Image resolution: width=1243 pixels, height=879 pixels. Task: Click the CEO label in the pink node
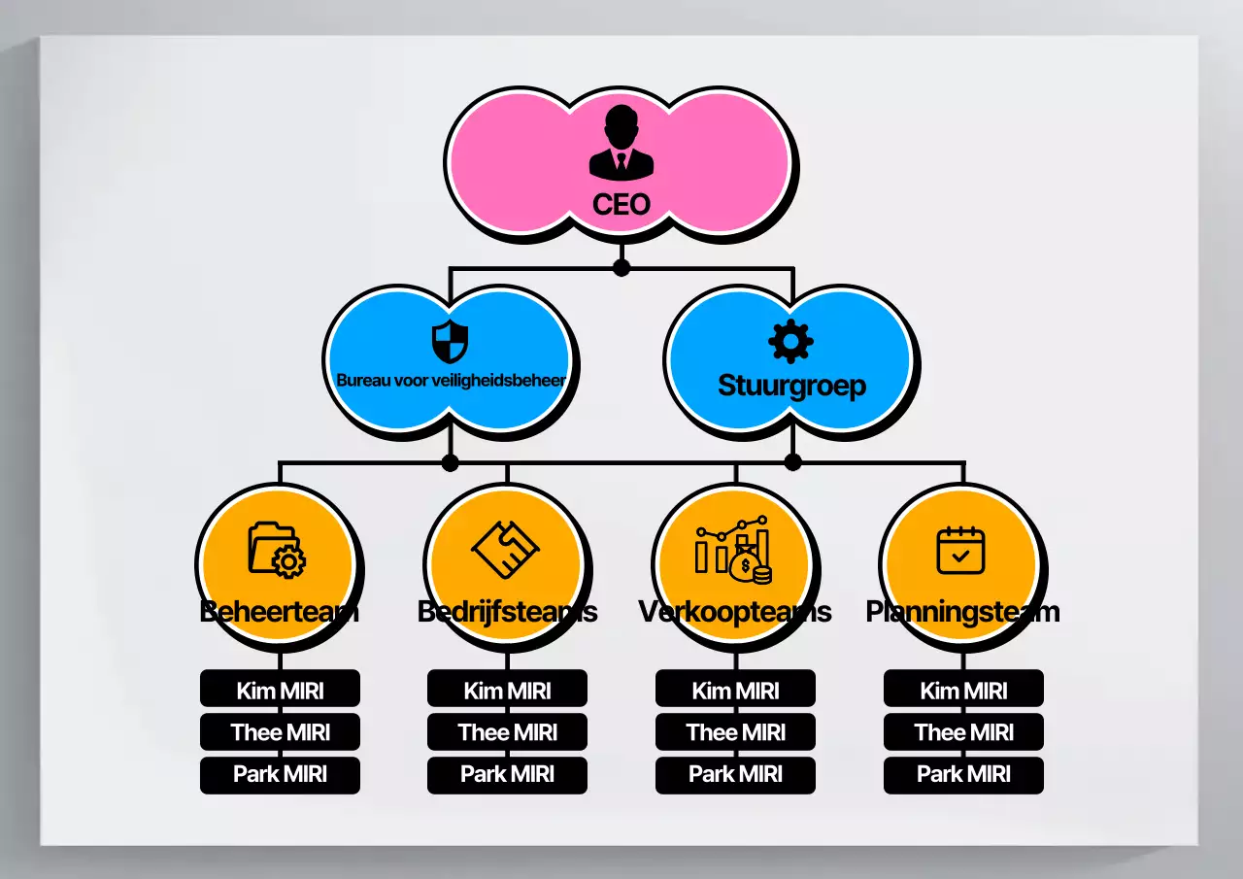pos(621,205)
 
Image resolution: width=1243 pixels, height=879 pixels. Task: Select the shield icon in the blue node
pos(450,341)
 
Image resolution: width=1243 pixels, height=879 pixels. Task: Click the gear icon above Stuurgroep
pos(790,341)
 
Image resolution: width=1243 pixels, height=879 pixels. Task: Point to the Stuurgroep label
pos(791,386)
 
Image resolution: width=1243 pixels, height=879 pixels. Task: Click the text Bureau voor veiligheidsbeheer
pos(451,381)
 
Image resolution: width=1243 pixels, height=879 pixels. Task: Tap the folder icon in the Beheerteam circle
pos(277,550)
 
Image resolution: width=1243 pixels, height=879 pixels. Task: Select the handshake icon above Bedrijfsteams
pos(505,550)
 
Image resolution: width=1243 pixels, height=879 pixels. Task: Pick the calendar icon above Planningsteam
pos(960,550)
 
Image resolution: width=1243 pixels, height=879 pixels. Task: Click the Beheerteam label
pos(279,612)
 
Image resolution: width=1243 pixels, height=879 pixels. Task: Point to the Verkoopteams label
pos(734,612)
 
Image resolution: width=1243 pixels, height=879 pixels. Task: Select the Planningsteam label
pos(962,612)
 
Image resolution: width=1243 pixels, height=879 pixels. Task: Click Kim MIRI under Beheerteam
pos(280,691)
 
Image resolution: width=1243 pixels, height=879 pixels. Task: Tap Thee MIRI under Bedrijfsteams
pos(507,732)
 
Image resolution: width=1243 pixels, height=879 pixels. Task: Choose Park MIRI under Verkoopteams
pos(735,774)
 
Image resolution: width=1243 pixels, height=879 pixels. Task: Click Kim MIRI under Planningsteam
pos(963,691)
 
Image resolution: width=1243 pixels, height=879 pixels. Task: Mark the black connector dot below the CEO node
pos(621,267)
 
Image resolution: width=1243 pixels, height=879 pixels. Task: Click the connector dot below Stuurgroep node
pos(792,461)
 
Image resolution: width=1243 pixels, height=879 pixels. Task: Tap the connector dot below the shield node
pos(450,461)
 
